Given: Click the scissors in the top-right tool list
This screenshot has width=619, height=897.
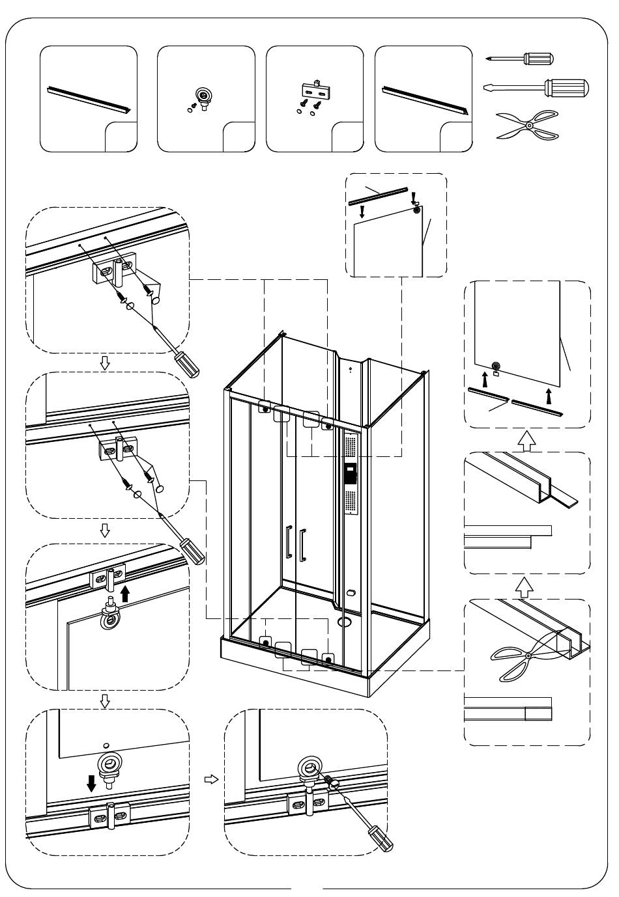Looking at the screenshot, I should [528, 124].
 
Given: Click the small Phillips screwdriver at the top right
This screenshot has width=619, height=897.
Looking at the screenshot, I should [521, 59].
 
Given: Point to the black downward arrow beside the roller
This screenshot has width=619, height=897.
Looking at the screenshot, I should [92, 782].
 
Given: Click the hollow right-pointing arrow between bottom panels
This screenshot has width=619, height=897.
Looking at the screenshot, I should [210, 779].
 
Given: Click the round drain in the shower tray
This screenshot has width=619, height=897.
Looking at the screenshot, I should [343, 621].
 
